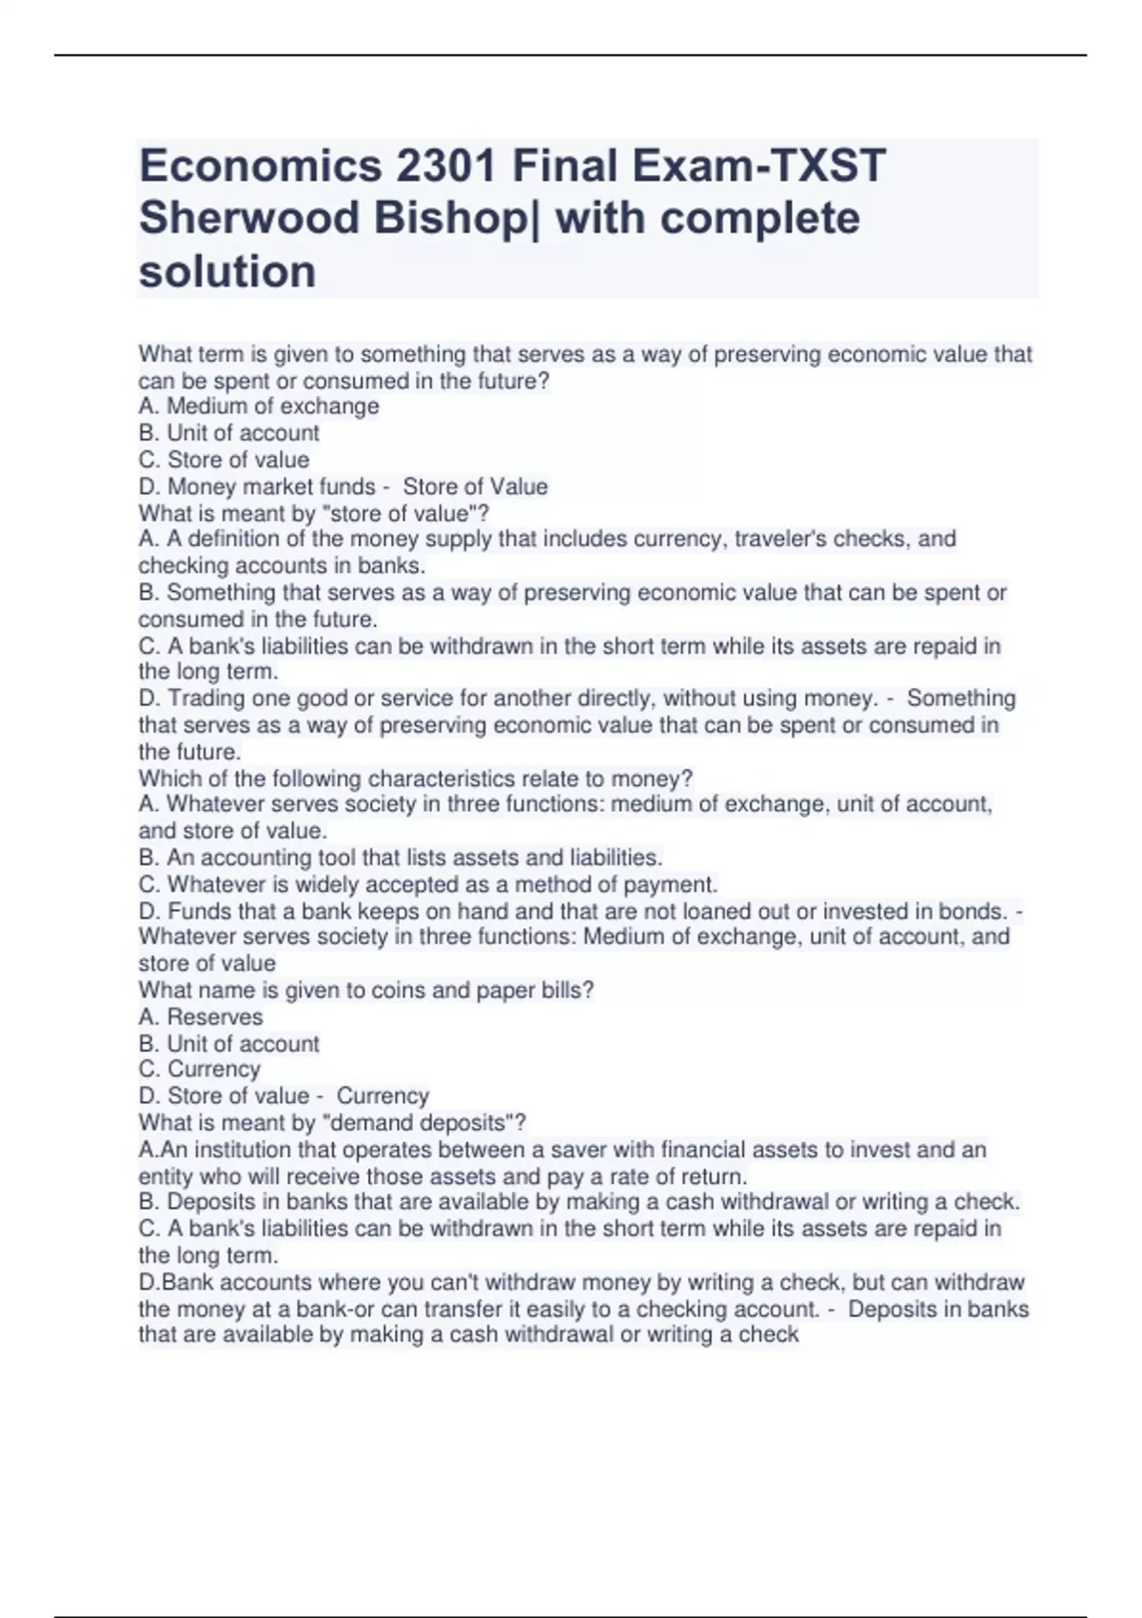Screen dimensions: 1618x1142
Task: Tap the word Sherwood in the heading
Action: [x=248, y=219]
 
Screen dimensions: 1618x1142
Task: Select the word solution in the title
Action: [x=227, y=272]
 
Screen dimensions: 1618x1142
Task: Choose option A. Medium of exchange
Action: [x=259, y=406]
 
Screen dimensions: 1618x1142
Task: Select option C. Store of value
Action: [x=225, y=460]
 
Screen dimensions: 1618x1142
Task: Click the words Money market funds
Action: [x=271, y=486]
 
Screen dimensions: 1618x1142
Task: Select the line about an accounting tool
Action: [x=401, y=858]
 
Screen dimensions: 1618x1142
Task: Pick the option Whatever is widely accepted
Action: [x=428, y=884]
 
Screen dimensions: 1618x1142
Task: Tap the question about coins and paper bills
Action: [x=365, y=990]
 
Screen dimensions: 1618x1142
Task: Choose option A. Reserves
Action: [x=201, y=1016]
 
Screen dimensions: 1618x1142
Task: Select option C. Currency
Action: [x=200, y=1069]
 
